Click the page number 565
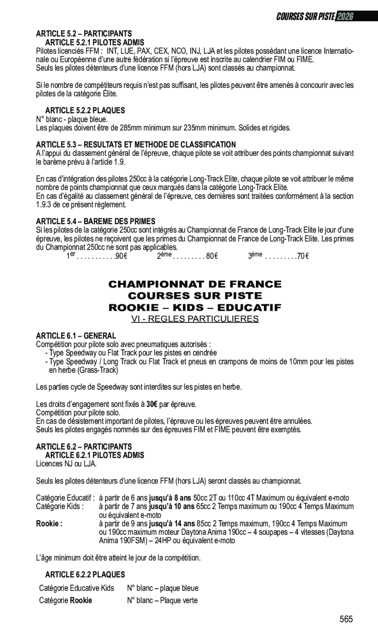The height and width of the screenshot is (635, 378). (x=346, y=619)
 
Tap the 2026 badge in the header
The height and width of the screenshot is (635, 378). (x=345, y=16)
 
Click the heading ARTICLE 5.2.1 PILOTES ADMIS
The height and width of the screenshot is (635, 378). (x=94, y=42)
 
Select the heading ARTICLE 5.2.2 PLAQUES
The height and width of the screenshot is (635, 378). (x=85, y=111)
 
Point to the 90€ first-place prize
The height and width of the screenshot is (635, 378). (x=121, y=256)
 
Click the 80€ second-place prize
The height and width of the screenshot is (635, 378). (x=212, y=256)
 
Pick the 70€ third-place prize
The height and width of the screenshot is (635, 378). (x=303, y=256)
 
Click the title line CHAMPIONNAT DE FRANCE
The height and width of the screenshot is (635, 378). (x=195, y=284)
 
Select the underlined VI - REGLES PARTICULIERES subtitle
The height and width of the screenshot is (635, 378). (x=195, y=319)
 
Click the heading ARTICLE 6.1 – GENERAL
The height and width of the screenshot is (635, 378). (x=76, y=336)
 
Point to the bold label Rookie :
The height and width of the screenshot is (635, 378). (x=49, y=524)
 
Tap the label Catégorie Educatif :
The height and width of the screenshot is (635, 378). (x=66, y=498)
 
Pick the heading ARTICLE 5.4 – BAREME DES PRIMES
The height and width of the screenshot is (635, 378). (x=95, y=222)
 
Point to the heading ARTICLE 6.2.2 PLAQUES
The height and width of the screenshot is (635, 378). (x=85, y=575)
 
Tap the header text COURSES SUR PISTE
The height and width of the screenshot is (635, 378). (x=306, y=16)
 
